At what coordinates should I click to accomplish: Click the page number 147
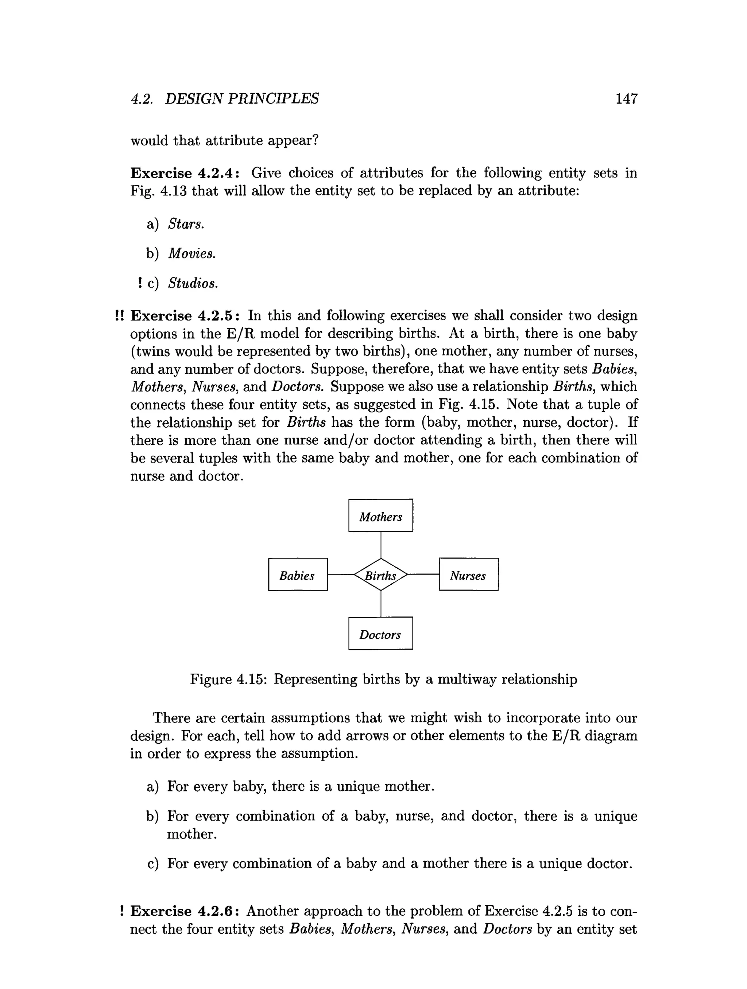coord(626,99)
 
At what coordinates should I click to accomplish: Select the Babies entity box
coord(298,575)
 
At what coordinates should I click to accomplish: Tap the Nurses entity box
coord(468,575)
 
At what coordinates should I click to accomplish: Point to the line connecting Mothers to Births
coord(381,545)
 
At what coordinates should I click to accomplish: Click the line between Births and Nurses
coord(423,575)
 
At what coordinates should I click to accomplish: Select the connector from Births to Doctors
coord(381,604)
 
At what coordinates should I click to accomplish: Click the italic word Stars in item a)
coord(186,223)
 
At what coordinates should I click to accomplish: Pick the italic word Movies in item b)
coord(191,253)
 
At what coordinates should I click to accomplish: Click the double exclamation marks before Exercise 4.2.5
coord(119,316)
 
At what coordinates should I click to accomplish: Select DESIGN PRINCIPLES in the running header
coord(241,99)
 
